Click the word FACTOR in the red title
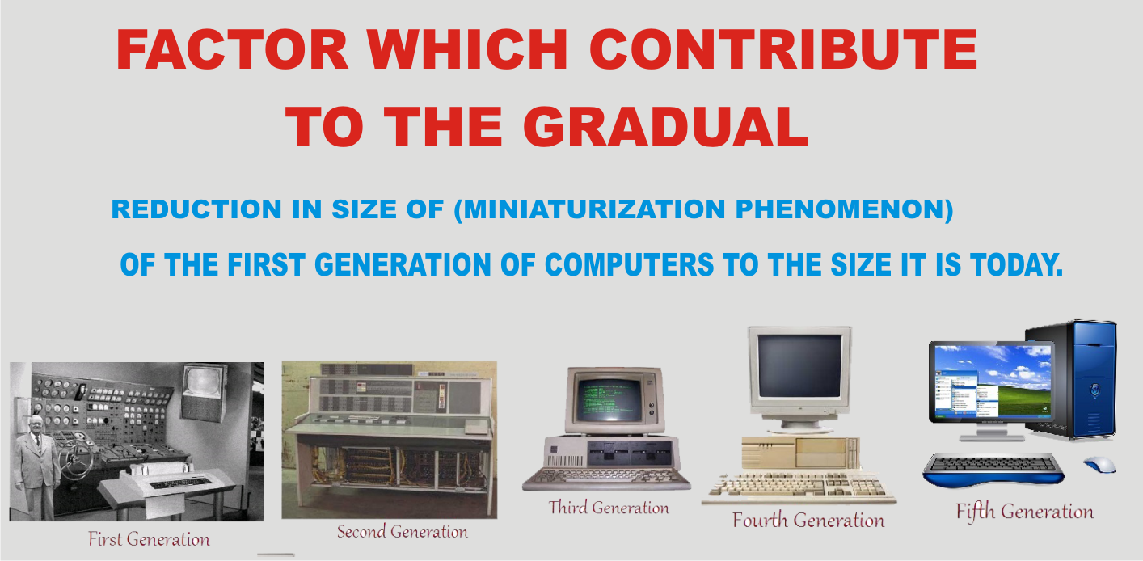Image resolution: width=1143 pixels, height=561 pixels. pos(232,49)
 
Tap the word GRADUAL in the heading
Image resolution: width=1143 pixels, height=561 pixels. pos(665,127)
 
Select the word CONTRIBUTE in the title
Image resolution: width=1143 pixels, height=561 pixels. pos(783,49)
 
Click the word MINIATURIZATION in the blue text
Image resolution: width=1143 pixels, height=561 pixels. pos(594,209)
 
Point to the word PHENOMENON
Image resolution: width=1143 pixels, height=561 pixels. pos(840,209)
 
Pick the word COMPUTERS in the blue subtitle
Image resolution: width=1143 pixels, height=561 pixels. pos(629,265)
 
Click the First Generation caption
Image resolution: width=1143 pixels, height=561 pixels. pos(149,539)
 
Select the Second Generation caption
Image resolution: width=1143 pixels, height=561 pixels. pos(402,532)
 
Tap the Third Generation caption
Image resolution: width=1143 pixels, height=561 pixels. pos(608,508)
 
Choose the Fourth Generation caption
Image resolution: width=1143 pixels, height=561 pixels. pos(808,520)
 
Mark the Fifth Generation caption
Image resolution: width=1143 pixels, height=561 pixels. pos(1025,512)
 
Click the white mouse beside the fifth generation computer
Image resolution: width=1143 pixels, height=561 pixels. pos(1099,465)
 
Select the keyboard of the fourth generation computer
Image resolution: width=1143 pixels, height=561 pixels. pos(799,487)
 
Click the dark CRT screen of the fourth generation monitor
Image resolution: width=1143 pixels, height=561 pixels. pos(799,366)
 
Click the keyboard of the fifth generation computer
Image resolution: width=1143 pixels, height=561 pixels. pos(993,468)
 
